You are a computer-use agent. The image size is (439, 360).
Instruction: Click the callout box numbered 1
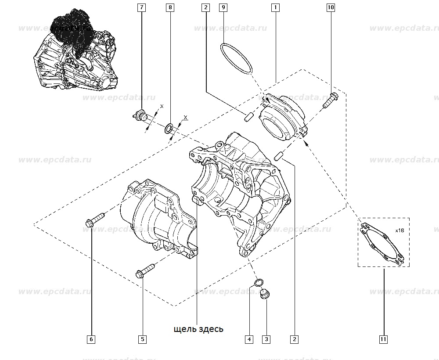coord(275,7)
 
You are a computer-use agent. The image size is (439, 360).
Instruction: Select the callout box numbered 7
coord(142,7)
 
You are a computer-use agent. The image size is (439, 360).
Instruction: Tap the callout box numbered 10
coord(331,7)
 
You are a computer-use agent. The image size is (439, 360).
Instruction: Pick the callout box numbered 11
coord(383,339)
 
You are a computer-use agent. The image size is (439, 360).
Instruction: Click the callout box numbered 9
coord(223,7)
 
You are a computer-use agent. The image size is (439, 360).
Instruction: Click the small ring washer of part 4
coord(259,282)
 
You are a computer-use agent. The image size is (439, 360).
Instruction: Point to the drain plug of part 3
coord(266,294)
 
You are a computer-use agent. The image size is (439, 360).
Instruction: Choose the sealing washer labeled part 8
coord(169,129)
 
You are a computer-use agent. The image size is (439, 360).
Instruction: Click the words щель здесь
coord(198,329)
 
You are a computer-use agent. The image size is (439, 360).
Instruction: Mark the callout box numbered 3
coord(266,339)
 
